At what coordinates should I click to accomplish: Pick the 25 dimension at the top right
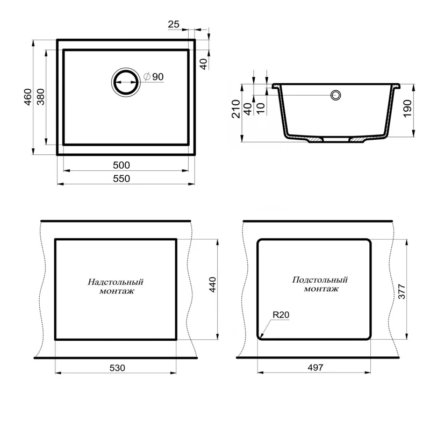(x=174, y=24)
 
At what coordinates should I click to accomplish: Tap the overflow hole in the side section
(x=336, y=96)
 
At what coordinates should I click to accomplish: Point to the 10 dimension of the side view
(x=260, y=107)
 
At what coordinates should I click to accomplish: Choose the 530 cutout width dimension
(x=117, y=368)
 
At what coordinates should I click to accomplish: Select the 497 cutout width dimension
(x=314, y=368)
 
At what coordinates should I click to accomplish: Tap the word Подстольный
(x=320, y=280)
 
